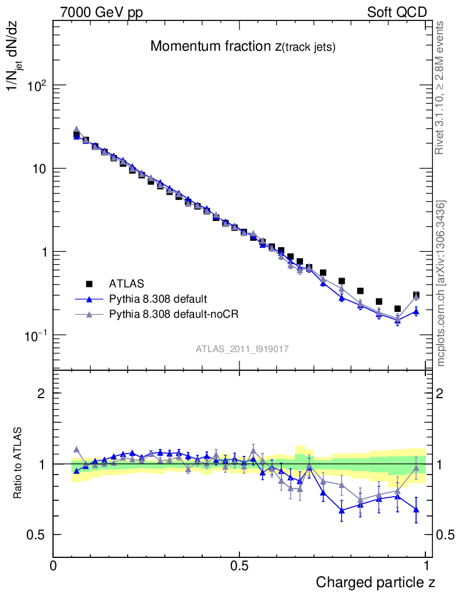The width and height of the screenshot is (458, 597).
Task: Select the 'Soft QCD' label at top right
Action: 397,12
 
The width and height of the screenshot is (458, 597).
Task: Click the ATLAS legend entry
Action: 126,284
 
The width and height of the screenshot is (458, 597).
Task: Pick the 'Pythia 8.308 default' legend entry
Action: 158,299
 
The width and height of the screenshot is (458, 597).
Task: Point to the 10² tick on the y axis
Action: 37,86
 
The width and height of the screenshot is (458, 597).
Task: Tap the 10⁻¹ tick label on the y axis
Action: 37,336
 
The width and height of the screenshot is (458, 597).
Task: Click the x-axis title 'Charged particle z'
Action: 375,582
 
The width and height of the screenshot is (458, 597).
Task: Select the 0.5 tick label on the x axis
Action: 239,566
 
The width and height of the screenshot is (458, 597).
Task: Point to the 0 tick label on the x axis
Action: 53,566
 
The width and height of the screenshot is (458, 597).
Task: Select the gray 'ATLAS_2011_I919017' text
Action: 242,349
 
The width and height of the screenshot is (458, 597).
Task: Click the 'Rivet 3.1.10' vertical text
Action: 440,87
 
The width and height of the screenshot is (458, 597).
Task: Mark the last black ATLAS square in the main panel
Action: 416,296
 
